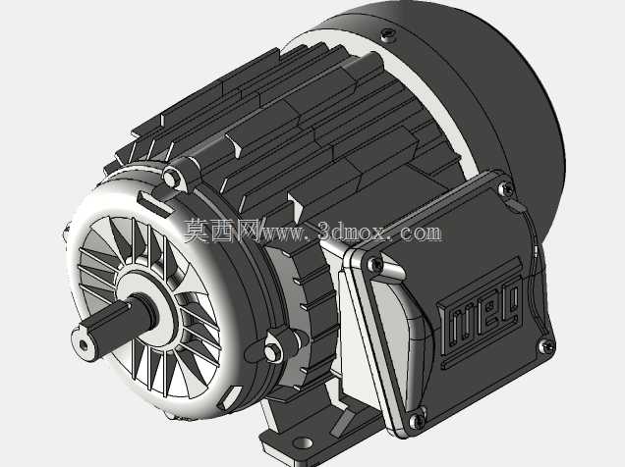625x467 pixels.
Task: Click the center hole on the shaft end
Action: click(84, 344)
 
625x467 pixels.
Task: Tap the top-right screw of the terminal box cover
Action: click(506, 188)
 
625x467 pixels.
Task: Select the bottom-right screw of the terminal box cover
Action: click(546, 345)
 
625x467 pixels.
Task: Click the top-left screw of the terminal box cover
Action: click(374, 263)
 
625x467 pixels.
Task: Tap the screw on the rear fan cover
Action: click(386, 34)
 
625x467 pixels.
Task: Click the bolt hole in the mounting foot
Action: click(303, 442)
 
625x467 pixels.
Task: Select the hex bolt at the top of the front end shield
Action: click(172, 178)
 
